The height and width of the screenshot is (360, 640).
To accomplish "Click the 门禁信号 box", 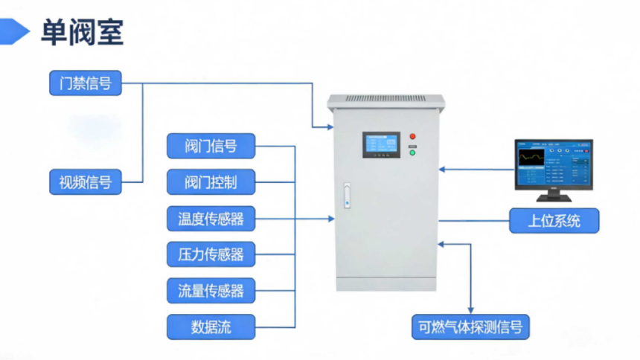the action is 86,83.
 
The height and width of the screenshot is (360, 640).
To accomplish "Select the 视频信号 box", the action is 86,182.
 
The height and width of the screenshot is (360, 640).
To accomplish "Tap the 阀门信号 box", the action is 211,146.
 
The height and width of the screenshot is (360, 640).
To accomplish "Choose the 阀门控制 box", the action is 211,182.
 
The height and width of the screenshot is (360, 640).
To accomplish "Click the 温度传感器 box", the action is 211,219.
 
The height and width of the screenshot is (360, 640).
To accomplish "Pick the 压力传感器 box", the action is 211,254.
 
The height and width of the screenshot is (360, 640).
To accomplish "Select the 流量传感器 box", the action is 211,291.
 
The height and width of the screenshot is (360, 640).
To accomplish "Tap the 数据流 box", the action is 211,327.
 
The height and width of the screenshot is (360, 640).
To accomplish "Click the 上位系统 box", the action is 554,221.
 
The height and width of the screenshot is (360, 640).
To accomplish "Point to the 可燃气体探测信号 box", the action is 470,327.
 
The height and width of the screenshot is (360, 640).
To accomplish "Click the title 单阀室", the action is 82,32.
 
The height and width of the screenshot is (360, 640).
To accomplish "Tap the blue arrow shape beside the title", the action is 14,31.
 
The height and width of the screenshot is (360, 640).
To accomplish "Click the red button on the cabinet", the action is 413,136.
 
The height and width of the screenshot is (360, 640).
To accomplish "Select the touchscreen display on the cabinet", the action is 381,145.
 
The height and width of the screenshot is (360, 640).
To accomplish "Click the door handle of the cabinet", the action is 347,196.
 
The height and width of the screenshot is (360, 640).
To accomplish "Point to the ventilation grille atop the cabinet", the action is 385,98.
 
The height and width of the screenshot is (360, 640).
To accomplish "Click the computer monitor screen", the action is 554,164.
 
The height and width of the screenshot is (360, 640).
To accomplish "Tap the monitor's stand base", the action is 554,199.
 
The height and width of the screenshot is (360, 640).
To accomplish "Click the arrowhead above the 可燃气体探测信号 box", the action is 470,311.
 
